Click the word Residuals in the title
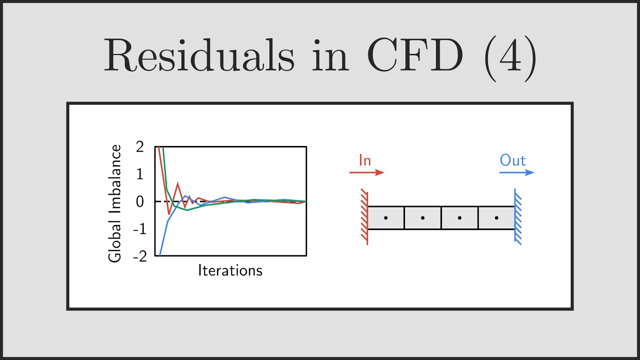pyautogui.click(x=198, y=56)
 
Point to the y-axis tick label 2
pyautogui.click(x=139, y=147)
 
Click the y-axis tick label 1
pyautogui.click(x=140, y=174)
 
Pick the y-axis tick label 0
pyautogui.click(x=139, y=202)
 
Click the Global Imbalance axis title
pyautogui.click(x=115, y=203)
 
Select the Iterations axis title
pyautogui.click(x=230, y=270)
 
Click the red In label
pyautogui.click(x=365, y=160)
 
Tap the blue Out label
pyautogui.click(x=513, y=160)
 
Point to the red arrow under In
pyautogui.click(x=366, y=172)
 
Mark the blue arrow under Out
pyautogui.click(x=516, y=172)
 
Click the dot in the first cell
pyautogui.click(x=385, y=218)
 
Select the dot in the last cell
pyautogui.click(x=496, y=218)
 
